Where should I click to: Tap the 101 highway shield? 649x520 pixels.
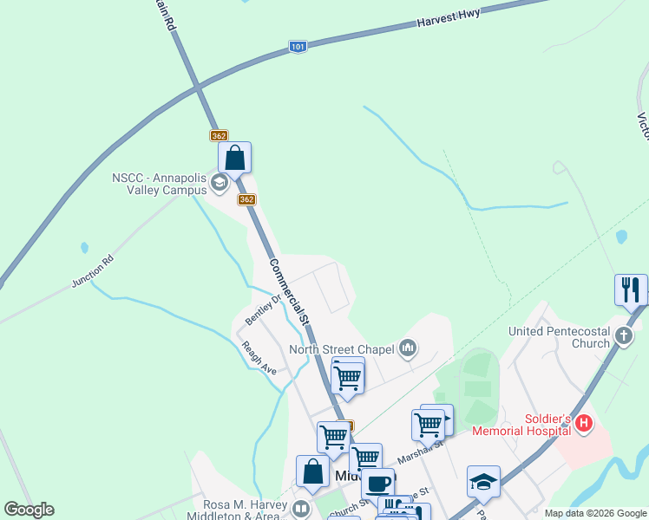298,47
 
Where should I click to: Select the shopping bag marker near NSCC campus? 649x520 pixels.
234,159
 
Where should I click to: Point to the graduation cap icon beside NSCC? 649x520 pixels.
220,182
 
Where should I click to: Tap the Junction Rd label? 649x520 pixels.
93,271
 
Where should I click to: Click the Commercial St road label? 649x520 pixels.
289,290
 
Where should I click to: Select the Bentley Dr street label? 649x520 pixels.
264,309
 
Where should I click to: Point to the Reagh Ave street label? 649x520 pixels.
259,357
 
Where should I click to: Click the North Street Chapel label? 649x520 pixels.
342,350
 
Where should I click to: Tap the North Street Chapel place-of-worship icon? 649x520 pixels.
408,349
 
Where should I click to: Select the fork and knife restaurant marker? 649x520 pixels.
631,289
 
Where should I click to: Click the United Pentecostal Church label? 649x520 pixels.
560,337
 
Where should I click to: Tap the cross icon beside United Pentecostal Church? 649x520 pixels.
623,336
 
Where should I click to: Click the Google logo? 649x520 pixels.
29,510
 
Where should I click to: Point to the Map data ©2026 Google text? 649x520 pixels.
594,513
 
